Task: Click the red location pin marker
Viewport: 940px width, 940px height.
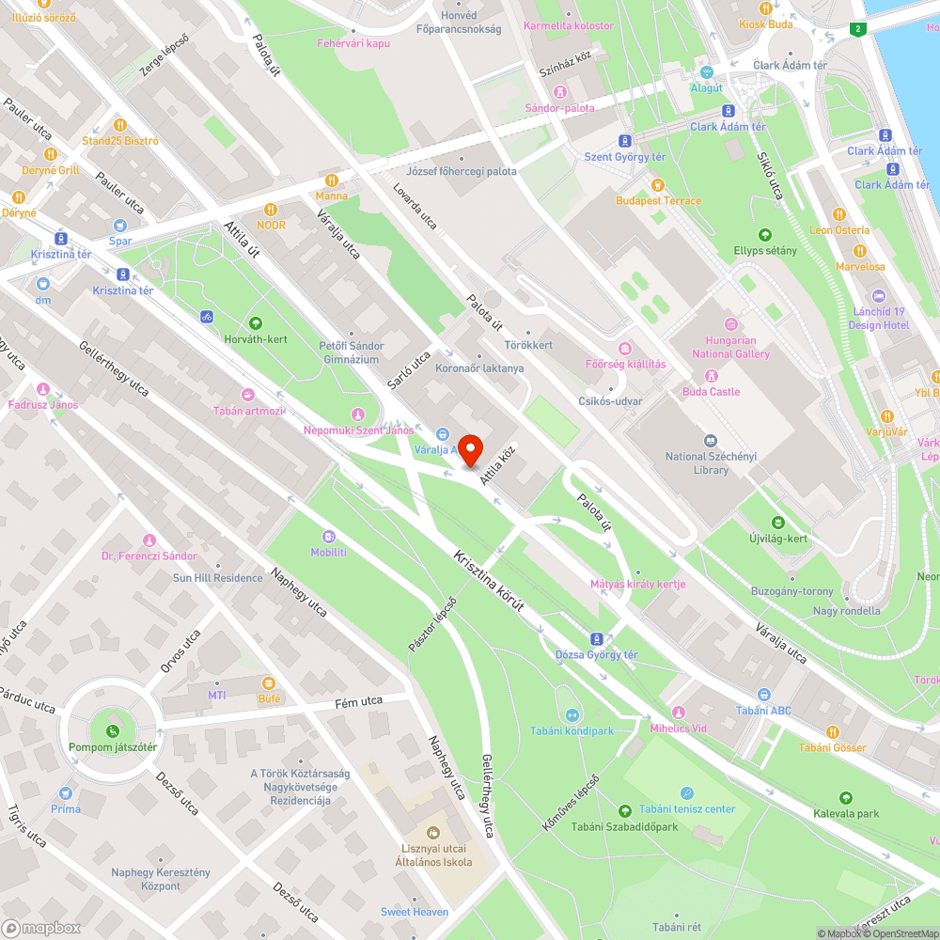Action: coord(469,450)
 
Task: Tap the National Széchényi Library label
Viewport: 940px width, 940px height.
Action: coord(711,463)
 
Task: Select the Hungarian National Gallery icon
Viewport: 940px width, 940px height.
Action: coord(730,323)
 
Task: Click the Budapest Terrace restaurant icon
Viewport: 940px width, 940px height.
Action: coord(658,185)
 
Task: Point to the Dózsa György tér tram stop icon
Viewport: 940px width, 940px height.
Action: coord(596,638)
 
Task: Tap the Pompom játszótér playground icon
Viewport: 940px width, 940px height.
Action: coord(113,731)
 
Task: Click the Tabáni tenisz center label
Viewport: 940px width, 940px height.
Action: coord(687,809)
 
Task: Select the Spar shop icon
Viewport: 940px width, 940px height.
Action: coord(119,226)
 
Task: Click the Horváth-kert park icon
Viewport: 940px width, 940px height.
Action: coord(255,323)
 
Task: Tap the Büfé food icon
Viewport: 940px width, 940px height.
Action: coord(269,682)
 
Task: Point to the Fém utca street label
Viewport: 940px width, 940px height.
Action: coord(360,702)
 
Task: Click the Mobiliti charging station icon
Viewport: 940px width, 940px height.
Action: coord(328,537)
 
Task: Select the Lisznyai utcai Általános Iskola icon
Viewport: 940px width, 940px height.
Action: coord(432,832)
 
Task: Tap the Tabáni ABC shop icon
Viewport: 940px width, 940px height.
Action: coord(763,695)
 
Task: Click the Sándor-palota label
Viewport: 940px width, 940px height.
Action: coord(559,108)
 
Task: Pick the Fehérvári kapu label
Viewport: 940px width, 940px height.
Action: coord(352,43)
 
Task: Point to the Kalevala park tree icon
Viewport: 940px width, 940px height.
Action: coord(845,797)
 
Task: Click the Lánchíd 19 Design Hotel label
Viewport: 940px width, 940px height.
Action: coord(878,318)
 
